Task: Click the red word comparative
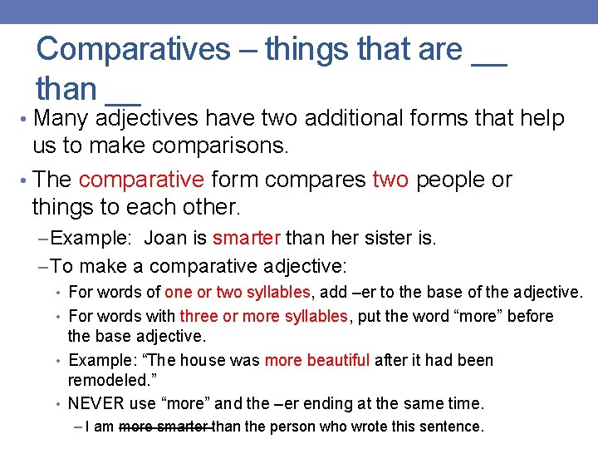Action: (x=141, y=180)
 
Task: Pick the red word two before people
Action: (x=390, y=180)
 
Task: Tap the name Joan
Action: (x=165, y=239)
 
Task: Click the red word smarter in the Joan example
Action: (x=247, y=239)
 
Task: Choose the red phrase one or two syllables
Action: (x=238, y=292)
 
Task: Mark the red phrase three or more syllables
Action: (x=264, y=316)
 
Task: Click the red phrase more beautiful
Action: (x=317, y=360)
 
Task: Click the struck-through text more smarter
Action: (x=166, y=427)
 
